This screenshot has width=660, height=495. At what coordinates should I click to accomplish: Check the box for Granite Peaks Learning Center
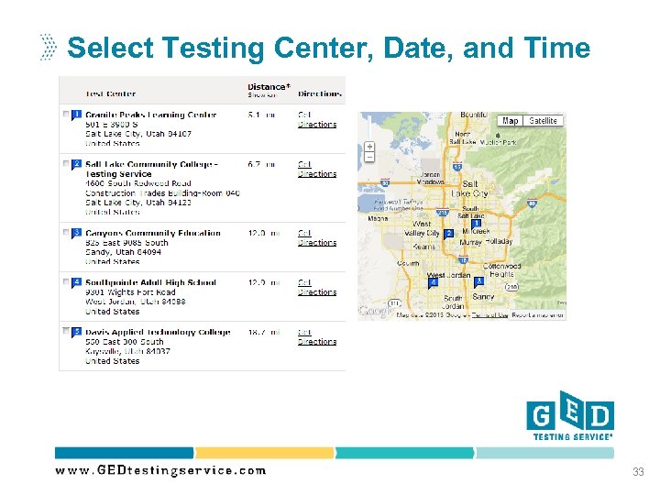point(64,115)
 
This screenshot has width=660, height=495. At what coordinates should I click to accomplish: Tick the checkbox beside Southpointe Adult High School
point(64,282)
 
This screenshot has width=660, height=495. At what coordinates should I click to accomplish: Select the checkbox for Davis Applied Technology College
point(64,332)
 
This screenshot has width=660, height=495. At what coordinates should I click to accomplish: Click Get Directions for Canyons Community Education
point(316,238)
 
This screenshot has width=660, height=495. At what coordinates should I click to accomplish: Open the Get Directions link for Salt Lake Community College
point(316,169)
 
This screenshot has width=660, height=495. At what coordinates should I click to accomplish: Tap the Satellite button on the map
point(543,121)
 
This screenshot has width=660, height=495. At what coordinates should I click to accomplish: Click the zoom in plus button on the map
point(369,146)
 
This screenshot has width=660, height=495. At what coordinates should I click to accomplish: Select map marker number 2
point(448,234)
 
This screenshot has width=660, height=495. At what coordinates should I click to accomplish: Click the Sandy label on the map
point(482,297)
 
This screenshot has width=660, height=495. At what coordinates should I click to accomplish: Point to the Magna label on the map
point(377,218)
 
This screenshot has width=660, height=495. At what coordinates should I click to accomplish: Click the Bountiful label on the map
point(474,115)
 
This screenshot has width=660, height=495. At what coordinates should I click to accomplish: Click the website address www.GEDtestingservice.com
point(160,471)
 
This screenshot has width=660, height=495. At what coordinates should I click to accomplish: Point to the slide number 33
point(637,472)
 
